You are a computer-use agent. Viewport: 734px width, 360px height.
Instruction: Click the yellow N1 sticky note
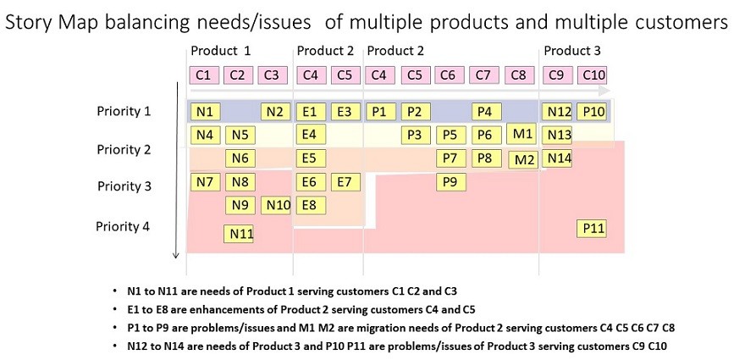205,112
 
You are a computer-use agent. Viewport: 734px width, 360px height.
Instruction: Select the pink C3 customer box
273,75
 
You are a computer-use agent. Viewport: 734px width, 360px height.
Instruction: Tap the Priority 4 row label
123,226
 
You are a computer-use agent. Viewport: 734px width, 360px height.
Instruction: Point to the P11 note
592,229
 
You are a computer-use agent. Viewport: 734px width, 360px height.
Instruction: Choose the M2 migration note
524,160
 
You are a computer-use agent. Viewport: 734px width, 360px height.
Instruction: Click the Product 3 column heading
571,50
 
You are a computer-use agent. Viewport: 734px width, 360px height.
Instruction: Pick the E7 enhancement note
345,181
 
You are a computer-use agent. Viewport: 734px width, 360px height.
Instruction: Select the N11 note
239,234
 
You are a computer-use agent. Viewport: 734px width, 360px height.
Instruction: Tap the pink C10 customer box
592,75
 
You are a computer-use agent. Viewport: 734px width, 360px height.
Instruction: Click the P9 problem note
450,181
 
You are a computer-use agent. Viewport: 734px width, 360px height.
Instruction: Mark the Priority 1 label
124,112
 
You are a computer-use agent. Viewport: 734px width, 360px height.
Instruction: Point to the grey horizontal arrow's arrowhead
604,91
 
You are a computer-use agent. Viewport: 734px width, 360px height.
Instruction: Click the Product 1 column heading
220,50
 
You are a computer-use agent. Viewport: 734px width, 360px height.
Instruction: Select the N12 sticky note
557,112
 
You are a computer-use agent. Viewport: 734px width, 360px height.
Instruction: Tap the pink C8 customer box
519,75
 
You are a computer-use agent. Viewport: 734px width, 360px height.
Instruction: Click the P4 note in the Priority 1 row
486,112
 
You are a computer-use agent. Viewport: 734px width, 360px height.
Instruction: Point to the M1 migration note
522,134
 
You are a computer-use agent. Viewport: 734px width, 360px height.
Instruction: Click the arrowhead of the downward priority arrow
176,255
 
